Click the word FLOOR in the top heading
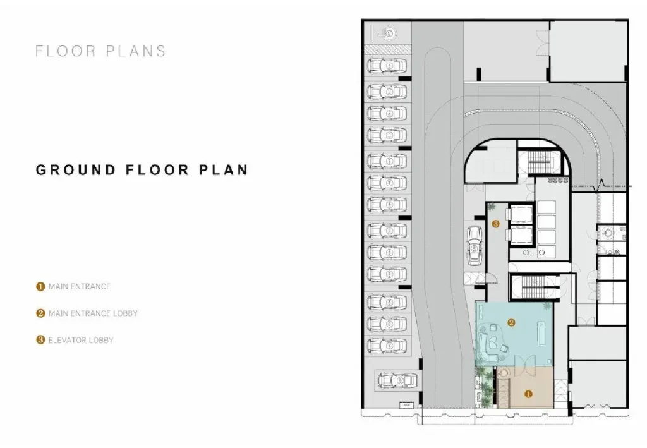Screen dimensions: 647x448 [66, 51]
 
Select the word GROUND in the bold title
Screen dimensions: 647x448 [76, 170]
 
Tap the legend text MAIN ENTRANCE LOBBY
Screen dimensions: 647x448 [93, 313]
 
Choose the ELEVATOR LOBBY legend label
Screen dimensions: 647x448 [81, 340]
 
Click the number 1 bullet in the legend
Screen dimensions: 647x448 [40, 286]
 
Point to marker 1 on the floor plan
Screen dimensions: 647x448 [528, 394]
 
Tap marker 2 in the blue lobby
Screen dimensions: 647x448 [511, 323]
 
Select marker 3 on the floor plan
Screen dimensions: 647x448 [495, 224]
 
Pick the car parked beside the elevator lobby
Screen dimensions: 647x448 [475, 246]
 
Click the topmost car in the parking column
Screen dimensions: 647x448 [387, 66]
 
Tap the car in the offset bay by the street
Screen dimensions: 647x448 [397, 380]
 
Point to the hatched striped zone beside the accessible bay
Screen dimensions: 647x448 [388, 49]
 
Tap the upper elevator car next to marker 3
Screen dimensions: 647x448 [520, 214]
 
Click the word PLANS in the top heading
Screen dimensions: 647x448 [136, 51]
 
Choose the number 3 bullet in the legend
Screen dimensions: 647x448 [40, 340]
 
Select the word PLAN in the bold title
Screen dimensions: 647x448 [224, 170]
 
